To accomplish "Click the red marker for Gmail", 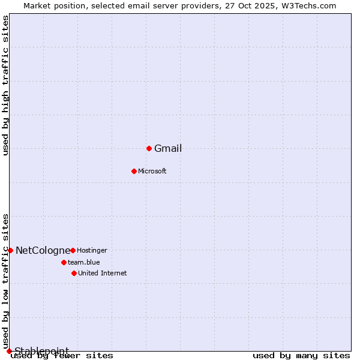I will (149, 148).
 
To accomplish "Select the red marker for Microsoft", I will (134, 171).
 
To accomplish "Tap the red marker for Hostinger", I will (73, 250).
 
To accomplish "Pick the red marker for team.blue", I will (64, 262).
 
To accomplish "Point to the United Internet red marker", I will (74, 273).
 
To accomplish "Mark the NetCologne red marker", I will (10, 250).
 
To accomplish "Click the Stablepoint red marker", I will (9, 351).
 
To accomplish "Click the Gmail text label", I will (168, 149).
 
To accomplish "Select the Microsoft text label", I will (152, 172).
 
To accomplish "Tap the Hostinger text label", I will (92, 250).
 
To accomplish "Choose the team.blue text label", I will (84, 262).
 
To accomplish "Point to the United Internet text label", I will (103, 274).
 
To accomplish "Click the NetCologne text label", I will (43, 251).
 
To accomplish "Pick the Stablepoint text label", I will (41, 351).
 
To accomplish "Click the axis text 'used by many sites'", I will (301, 356).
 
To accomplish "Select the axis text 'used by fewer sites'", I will (62, 356).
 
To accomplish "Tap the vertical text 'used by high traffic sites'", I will (6, 85).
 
